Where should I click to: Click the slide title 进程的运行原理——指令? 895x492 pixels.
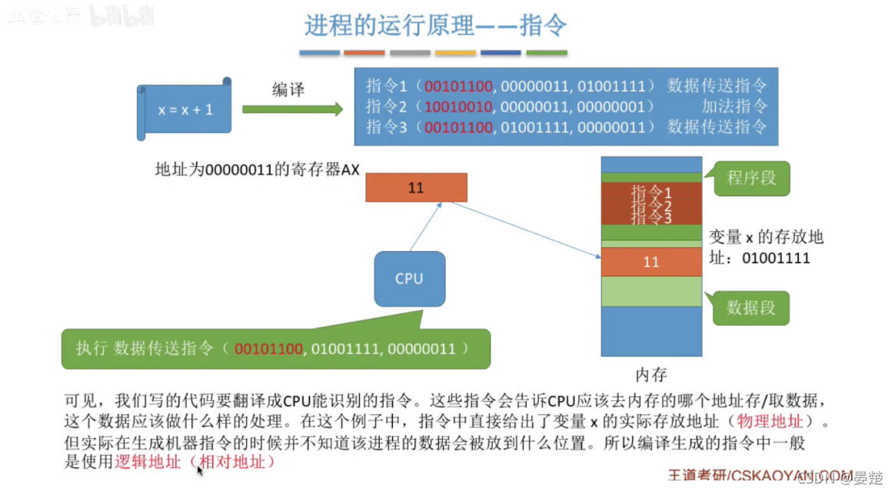[x=435, y=25]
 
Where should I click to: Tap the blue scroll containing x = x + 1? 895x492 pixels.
[x=185, y=109]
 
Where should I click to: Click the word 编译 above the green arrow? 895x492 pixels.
[x=288, y=89]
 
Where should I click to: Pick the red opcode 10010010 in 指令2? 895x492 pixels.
[x=458, y=105]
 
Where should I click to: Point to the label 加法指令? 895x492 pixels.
[x=734, y=105]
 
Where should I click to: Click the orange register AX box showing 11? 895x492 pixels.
[x=416, y=187]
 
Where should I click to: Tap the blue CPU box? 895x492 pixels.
[x=409, y=279]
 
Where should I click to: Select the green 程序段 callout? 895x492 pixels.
[x=751, y=179]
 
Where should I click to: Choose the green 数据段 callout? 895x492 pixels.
[x=751, y=308]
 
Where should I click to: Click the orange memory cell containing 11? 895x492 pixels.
[x=651, y=262]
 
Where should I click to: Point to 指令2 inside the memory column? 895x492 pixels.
[x=651, y=205]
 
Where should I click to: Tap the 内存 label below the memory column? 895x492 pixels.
[x=651, y=375]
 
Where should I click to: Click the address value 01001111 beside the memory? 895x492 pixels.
[x=776, y=258]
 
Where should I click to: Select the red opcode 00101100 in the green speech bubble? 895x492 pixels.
[x=269, y=349]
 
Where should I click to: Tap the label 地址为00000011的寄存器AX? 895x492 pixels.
[x=258, y=169]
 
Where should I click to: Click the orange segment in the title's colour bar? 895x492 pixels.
[x=364, y=53]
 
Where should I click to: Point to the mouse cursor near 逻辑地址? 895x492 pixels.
[x=200, y=470]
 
